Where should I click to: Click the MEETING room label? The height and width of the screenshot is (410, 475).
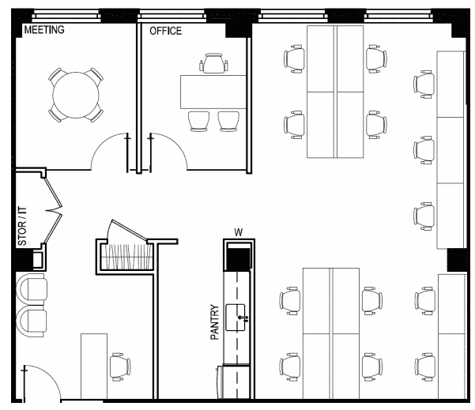[44, 30]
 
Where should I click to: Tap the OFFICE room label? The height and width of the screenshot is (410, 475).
[165, 31]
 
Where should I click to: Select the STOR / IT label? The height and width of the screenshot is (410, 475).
[22, 226]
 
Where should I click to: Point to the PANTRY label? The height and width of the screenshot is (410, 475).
[214, 322]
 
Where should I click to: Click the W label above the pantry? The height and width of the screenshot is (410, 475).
[239, 232]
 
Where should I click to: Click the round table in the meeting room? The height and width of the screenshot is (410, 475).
[76, 95]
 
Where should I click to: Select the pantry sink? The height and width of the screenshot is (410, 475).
[236, 318]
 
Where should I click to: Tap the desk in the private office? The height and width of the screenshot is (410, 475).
[213, 92]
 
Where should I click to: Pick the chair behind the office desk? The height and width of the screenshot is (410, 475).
[213, 63]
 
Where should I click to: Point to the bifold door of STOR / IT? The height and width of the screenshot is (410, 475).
[54, 210]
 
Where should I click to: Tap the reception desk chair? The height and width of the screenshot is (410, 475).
[120, 367]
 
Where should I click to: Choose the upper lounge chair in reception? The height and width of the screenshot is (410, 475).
[32, 289]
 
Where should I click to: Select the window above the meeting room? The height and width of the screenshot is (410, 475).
[66, 16]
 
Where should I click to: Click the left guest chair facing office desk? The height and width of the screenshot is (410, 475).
[198, 121]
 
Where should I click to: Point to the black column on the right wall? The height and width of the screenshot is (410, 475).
[457, 260]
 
